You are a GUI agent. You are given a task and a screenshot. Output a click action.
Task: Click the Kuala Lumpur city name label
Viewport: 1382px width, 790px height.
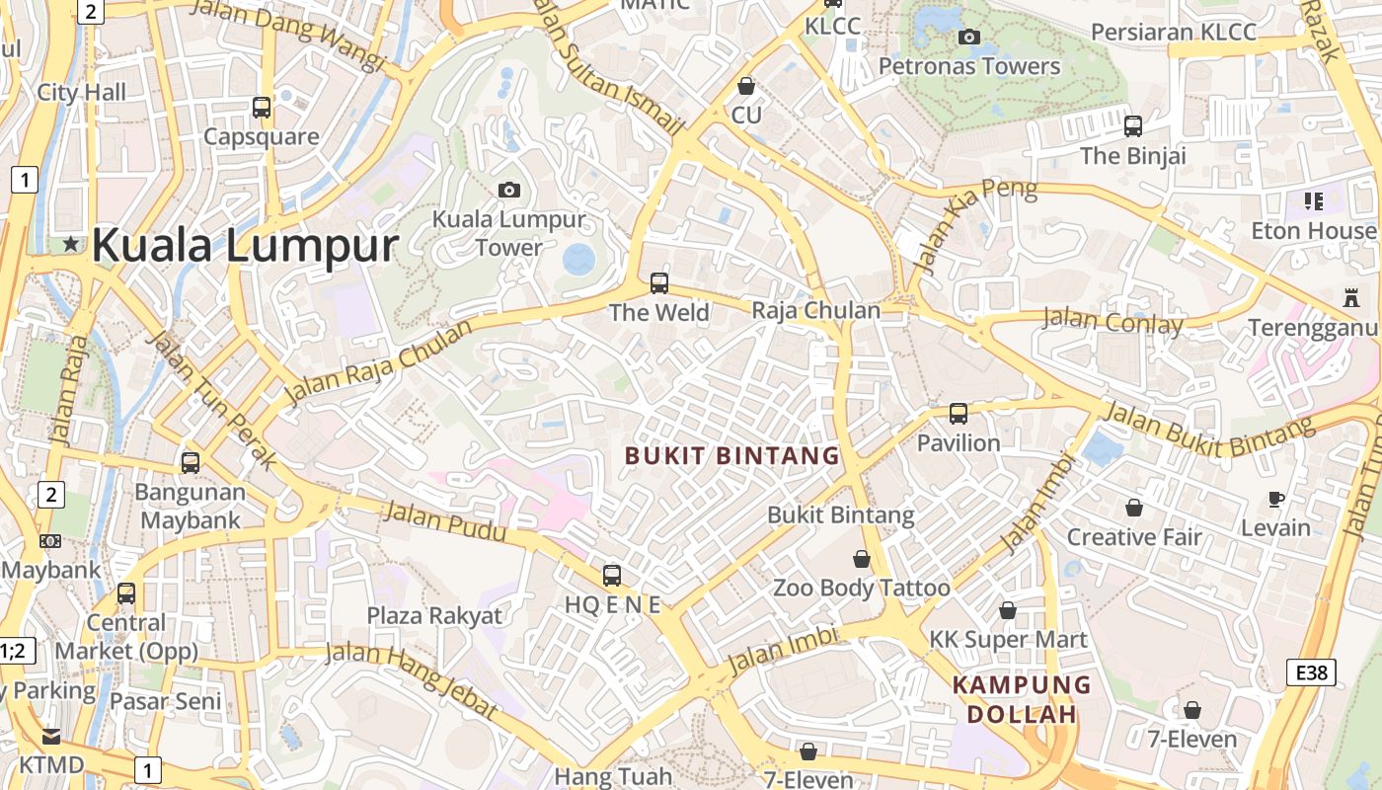click(x=245, y=245)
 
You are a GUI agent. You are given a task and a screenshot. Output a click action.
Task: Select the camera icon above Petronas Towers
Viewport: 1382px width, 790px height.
click(x=969, y=38)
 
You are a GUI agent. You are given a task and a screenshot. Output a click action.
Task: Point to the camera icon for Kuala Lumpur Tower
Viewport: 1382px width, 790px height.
click(x=509, y=190)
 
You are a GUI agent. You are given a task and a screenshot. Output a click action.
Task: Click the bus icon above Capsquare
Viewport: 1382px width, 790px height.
click(x=262, y=107)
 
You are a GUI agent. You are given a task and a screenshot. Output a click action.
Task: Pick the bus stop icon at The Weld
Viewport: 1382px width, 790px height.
click(x=659, y=283)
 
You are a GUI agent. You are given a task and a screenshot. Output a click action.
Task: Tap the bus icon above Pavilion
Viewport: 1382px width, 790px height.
click(x=959, y=414)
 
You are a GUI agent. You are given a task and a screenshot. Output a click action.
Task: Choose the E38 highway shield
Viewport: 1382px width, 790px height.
click(x=1312, y=673)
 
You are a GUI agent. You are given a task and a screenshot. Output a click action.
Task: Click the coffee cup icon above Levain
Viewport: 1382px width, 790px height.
click(x=1276, y=499)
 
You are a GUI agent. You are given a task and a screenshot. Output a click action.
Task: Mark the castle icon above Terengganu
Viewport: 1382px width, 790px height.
click(x=1349, y=297)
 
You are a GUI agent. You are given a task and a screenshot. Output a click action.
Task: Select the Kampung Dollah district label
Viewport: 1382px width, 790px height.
click(x=1021, y=698)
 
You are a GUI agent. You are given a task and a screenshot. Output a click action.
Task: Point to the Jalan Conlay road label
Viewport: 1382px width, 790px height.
click(x=1113, y=321)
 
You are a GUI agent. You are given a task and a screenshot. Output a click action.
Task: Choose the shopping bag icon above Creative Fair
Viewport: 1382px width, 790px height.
click(x=1134, y=508)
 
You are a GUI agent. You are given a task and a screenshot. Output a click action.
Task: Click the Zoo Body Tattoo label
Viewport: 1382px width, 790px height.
click(x=861, y=589)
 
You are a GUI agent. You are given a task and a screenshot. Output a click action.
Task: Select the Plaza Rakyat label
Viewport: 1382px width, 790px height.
click(x=434, y=616)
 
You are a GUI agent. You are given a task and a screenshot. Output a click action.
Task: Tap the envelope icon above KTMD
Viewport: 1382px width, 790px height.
click(x=50, y=737)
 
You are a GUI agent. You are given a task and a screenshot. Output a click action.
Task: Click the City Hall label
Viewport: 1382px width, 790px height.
click(x=82, y=93)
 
